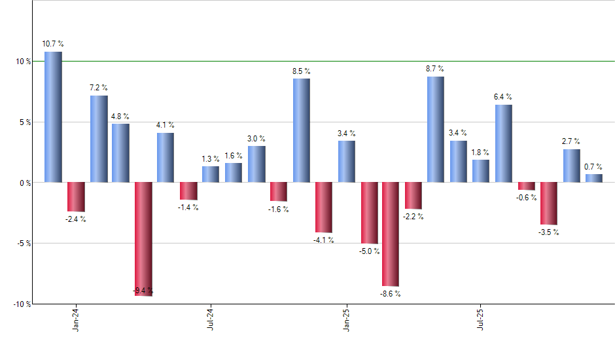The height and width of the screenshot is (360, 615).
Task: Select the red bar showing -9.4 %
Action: click(143, 239)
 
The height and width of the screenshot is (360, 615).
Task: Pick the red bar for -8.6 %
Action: click(391, 234)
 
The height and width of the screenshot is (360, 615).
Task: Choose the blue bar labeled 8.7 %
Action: click(435, 130)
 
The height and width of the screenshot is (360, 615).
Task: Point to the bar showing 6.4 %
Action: click(503, 143)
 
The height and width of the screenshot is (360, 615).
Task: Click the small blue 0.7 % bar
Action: click(594, 178)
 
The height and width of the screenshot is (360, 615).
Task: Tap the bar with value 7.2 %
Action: click(99, 139)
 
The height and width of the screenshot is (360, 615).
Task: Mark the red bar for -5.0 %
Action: click(369, 213)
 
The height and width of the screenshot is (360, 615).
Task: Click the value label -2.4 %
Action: click(76, 219)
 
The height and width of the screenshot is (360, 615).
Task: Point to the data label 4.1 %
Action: click(166, 125)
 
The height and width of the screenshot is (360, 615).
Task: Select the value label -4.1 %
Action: click(324, 240)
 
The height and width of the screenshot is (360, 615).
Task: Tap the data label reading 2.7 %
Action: click(571, 141)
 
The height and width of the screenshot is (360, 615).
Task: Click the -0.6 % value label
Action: click(526, 198)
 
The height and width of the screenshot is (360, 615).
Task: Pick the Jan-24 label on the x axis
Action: click(76, 319)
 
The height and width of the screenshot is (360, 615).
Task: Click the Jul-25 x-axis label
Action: click(482, 319)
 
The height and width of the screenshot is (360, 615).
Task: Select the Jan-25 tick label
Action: click(346, 319)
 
